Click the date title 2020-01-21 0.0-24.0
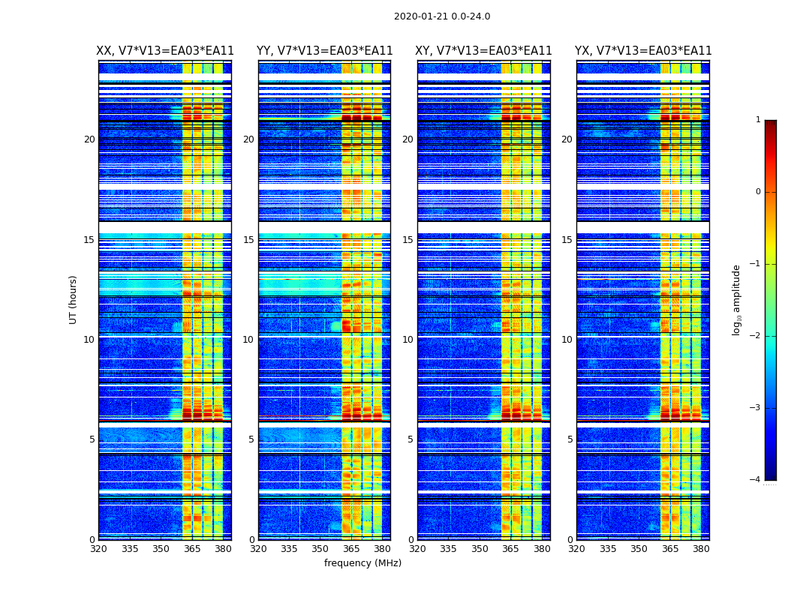[x=442, y=16]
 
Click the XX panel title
[x=165, y=51]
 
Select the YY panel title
[x=324, y=51]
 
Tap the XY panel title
[x=483, y=51]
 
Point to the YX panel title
[x=643, y=51]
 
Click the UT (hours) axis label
[x=74, y=299]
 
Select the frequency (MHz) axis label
[x=362, y=563]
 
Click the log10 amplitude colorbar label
[x=737, y=299]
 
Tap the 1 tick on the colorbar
[x=757, y=120]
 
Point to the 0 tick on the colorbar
[x=757, y=192]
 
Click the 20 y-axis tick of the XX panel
[x=89, y=139]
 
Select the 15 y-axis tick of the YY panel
[x=248, y=240]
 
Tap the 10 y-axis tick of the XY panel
[x=408, y=340]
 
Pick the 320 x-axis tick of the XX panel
[x=98, y=549]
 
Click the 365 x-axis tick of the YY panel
[x=351, y=549]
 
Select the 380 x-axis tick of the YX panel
[x=701, y=549]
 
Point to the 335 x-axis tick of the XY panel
[x=448, y=549]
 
